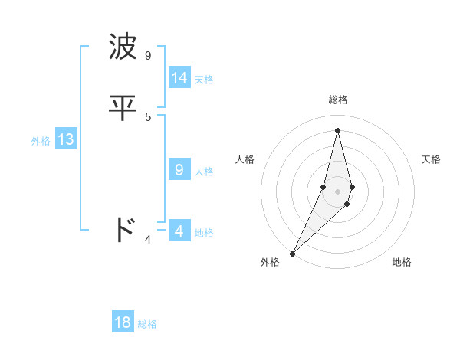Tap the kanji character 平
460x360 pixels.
(123, 107)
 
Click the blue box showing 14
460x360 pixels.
(179, 78)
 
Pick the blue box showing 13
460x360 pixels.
(65, 139)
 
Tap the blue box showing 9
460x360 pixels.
(179, 170)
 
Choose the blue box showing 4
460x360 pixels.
(179, 231)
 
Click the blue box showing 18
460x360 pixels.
(123, 322)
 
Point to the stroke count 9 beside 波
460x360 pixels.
(147, 55)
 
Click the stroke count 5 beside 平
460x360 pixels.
(148, 116)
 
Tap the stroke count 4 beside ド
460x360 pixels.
(148, 240)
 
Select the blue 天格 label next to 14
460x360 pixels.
(204, 80)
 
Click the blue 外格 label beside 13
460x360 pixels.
(41, 141)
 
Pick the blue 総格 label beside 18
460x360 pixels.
(147, 324)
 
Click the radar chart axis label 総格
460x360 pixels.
(338, 100)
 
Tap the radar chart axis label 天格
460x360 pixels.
(431, 159)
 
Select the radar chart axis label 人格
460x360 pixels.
(245, 159)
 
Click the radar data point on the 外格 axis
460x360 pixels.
(292, 253)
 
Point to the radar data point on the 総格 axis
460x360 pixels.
(338, 129)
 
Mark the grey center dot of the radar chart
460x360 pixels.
(338, 191)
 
